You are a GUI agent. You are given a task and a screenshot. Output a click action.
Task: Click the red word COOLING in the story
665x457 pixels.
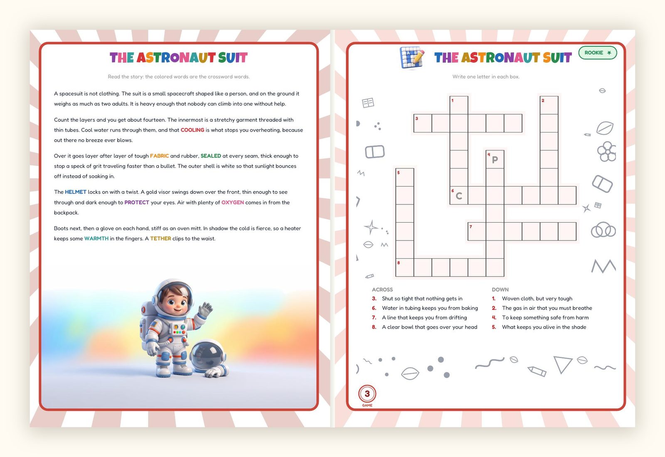point(192,130)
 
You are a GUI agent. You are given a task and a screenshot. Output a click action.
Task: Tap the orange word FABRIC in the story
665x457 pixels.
point(160,156)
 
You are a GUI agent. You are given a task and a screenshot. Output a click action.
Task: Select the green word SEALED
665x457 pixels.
point(211,156)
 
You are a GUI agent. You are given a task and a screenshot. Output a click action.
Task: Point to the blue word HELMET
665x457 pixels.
point(76,192)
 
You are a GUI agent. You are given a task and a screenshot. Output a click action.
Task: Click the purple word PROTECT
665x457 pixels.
point(137,202)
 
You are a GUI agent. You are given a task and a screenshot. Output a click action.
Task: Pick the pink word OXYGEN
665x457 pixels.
point(232,202)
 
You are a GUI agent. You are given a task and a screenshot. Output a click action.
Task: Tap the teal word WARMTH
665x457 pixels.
point(96,238)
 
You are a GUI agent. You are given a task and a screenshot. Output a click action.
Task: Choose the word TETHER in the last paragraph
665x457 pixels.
point(160,238)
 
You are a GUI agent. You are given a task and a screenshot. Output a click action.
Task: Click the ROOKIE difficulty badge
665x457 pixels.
point(598,53)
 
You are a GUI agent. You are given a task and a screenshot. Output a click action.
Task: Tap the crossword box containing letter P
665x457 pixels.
point(495,160)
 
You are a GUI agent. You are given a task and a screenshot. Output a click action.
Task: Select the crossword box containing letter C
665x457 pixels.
point(459,196)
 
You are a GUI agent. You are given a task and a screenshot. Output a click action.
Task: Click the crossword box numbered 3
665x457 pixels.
point(423,123)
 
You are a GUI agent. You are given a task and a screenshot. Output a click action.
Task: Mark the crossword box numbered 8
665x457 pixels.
point(405,268)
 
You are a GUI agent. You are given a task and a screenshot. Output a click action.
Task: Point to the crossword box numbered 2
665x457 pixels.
point(549,105)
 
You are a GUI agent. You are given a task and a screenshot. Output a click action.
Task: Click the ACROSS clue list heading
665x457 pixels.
point(382,290)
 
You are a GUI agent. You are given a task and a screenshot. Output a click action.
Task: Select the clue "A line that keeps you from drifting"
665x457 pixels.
point(424,317)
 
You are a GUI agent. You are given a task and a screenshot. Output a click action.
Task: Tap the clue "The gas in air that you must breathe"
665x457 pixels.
point(547,308)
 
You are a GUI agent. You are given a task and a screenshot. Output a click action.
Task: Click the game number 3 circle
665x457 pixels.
point(367,394)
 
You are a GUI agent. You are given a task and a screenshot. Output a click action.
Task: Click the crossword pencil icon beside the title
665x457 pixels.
point(412,58)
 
